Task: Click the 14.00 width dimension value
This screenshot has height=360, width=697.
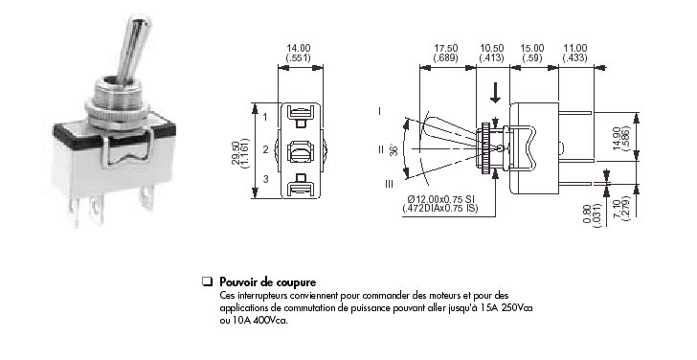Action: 299,48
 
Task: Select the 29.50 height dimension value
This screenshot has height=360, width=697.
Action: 236,153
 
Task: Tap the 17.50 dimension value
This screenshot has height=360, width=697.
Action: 446,48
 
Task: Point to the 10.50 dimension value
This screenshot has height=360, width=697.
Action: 492,48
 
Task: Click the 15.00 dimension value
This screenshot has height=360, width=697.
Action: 532,48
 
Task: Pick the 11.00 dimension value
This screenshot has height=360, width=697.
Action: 574,48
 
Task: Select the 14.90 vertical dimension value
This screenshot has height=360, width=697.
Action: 617,138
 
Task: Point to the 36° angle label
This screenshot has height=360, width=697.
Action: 393,149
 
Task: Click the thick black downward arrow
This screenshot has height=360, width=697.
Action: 495,92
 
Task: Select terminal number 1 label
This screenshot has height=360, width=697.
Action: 265,118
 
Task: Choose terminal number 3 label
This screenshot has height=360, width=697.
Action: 266,180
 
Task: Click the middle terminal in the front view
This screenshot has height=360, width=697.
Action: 300,151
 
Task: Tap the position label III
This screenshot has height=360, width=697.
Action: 389,184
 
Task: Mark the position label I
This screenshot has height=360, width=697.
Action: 379,111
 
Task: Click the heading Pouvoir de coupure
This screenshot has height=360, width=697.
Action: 268,281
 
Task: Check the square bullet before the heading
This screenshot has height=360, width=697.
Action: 207,281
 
